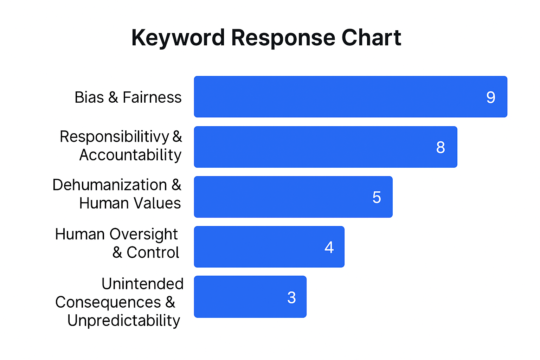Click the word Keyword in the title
coord(178,38)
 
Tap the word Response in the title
coord(283,38)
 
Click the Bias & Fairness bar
coord(351,97)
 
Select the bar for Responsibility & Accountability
coord(326,147)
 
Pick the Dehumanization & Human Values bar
coord(293,197)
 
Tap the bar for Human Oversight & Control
coord(269,247)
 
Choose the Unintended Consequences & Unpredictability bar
coord(250,297)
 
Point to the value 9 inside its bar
coord(491,97)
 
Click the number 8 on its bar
coord(441,147)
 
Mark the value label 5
coord(377,197)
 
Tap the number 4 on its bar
coord(329,247)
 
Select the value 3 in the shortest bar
coord(291,297)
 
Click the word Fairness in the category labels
coord(152,97)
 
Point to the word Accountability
coord(130,155)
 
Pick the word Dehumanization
coord(110,185)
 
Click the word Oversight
coord(144,234)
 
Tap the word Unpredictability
coord(124,321)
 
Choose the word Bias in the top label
coord(89,97)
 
